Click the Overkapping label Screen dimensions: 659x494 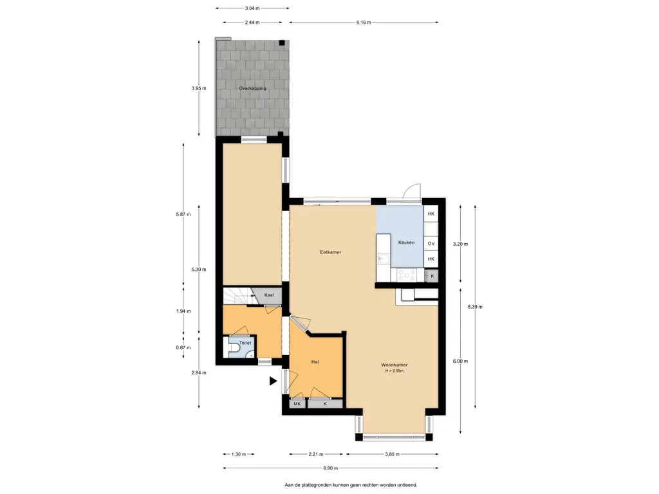coord(252,88)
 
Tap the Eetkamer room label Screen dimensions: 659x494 coord(330,252)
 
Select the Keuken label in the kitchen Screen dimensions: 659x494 coord(407,242)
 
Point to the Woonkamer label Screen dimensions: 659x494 coord(394,365)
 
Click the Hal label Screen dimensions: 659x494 coord(315,361)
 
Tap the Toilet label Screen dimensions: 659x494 coord(245,343)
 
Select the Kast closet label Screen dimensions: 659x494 coord(269,295)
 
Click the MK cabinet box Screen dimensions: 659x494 coord(297,404)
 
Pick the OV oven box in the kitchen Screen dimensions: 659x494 coord(431,243)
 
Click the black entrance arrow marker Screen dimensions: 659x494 coord(273,381)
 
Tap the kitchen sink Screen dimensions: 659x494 coord(384,258)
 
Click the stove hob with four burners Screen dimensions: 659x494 coord(407,275)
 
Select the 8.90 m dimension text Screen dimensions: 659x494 coord(330,468)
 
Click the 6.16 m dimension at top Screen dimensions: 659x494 coord(364,23)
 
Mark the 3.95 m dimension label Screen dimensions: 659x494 coord(199,88)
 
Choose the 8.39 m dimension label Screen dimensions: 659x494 coord(475,307)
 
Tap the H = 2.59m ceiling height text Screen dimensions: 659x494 coord(394,371)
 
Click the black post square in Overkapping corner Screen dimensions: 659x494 coord(282,42)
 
